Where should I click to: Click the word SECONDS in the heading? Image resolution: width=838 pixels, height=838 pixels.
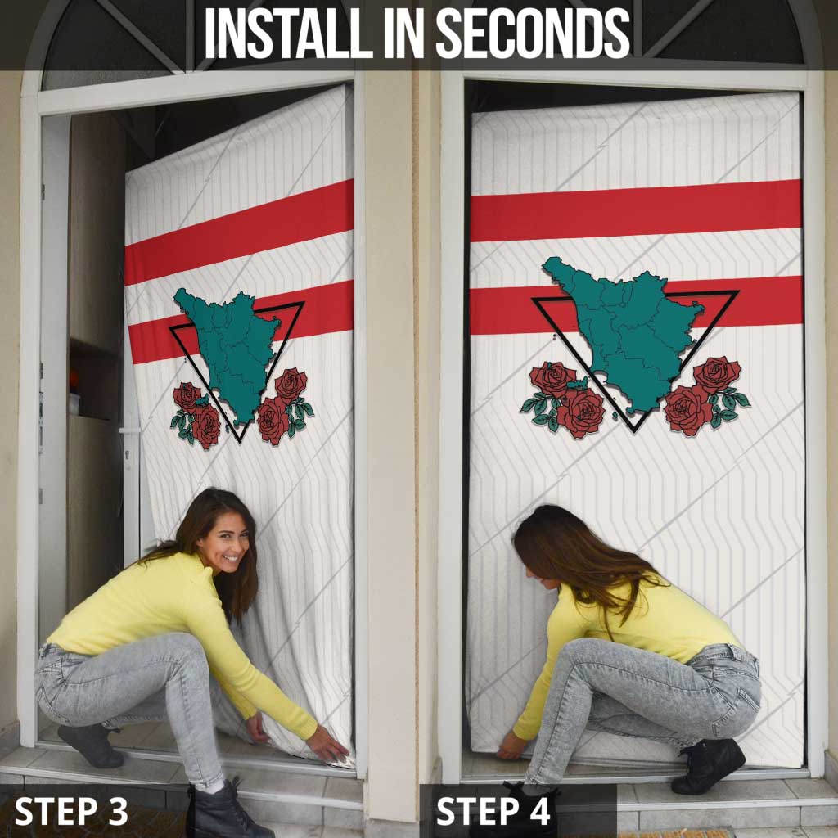tap(532, 34)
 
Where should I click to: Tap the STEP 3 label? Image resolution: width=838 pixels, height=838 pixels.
tap(71, 811)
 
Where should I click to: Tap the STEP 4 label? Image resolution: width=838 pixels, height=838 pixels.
tap(493, 811)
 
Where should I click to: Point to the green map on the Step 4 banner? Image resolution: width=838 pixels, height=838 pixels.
tap(626, 327)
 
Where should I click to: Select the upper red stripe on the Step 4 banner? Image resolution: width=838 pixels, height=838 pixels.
tap(636, 210)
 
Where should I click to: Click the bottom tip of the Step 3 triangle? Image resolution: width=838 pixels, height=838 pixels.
tap(238, 441)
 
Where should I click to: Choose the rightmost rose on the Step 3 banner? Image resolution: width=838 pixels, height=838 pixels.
tap(291, 384)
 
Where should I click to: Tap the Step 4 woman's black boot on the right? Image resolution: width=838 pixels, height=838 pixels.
tap(707, 765)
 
